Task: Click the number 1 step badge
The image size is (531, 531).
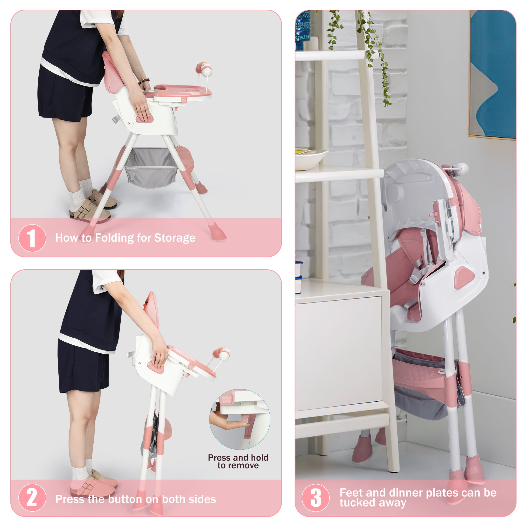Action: [32, 238]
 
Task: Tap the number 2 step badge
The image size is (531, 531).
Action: [32, 497]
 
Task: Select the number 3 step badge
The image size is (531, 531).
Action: [315, 498]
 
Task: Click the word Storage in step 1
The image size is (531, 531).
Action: [175, 238]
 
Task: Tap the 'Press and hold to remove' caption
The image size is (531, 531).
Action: [238, 461]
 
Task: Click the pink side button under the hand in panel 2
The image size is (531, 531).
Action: [156, 366]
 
